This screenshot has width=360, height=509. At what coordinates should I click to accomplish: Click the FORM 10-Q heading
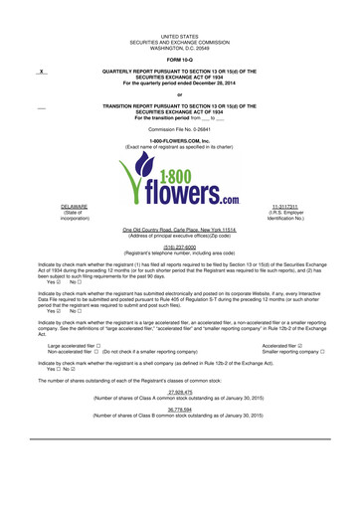point(180,59)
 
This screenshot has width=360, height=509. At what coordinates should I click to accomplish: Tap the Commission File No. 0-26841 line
point(180,129)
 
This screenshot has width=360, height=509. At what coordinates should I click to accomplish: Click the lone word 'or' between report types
point(180,94)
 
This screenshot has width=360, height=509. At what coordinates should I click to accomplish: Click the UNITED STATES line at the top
point(180,33)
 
